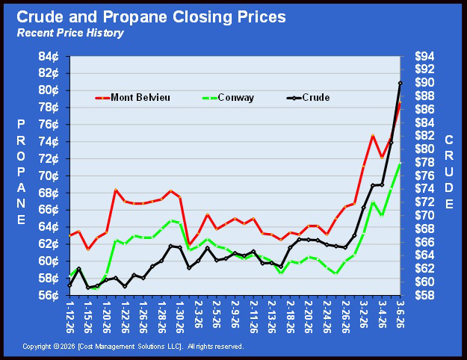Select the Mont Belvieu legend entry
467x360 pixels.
click(132, 97)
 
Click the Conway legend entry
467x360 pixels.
click(229, 97)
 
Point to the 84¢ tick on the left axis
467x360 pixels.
click(49, 56)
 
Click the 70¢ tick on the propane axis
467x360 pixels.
click(49, 176)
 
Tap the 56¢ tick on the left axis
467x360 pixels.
click(49, 295)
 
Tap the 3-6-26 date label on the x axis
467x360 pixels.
click(400, 314)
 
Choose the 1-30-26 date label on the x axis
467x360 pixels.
click(179, 317)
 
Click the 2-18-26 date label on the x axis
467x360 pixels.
click(290, 317)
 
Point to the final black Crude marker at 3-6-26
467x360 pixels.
click(400, 83)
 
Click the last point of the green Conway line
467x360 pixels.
click(400, 164)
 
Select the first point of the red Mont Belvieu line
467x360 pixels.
click(69, 236)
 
